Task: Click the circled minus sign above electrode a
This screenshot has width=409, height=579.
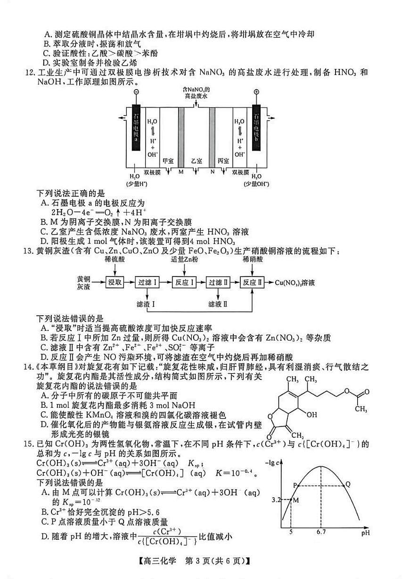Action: coord(136,92)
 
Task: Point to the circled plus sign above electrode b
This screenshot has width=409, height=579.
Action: coord(256,92)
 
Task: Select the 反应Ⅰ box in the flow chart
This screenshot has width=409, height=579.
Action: coord(184,282)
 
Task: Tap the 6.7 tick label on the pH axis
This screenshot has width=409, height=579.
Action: coord(320,534)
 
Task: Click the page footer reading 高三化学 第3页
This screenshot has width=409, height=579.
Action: coord(204,562)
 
